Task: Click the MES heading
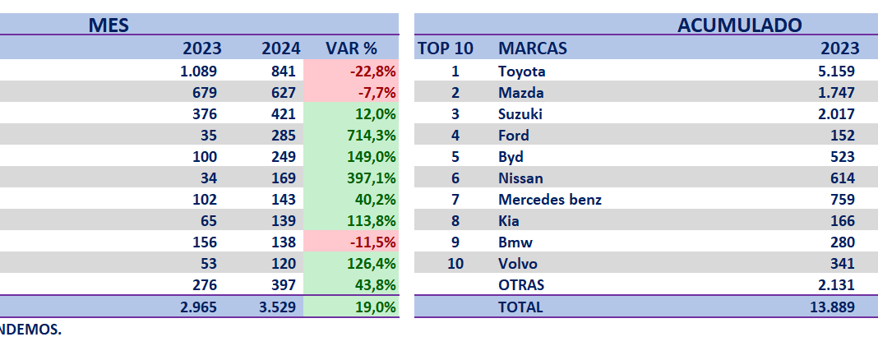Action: coord(109,25)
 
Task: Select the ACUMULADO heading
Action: coord(739,25)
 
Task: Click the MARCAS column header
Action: coord(531,48)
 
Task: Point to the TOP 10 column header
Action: coord(446,48)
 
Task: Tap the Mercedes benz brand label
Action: coord(549,200)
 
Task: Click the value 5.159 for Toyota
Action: coord(836,72)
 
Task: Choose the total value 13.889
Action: coord(832,307)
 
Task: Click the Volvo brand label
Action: coord(518,264)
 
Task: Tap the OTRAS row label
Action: coord(521,285)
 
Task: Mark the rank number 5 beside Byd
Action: coord(455,157)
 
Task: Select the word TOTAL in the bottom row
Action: coord(521,307)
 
